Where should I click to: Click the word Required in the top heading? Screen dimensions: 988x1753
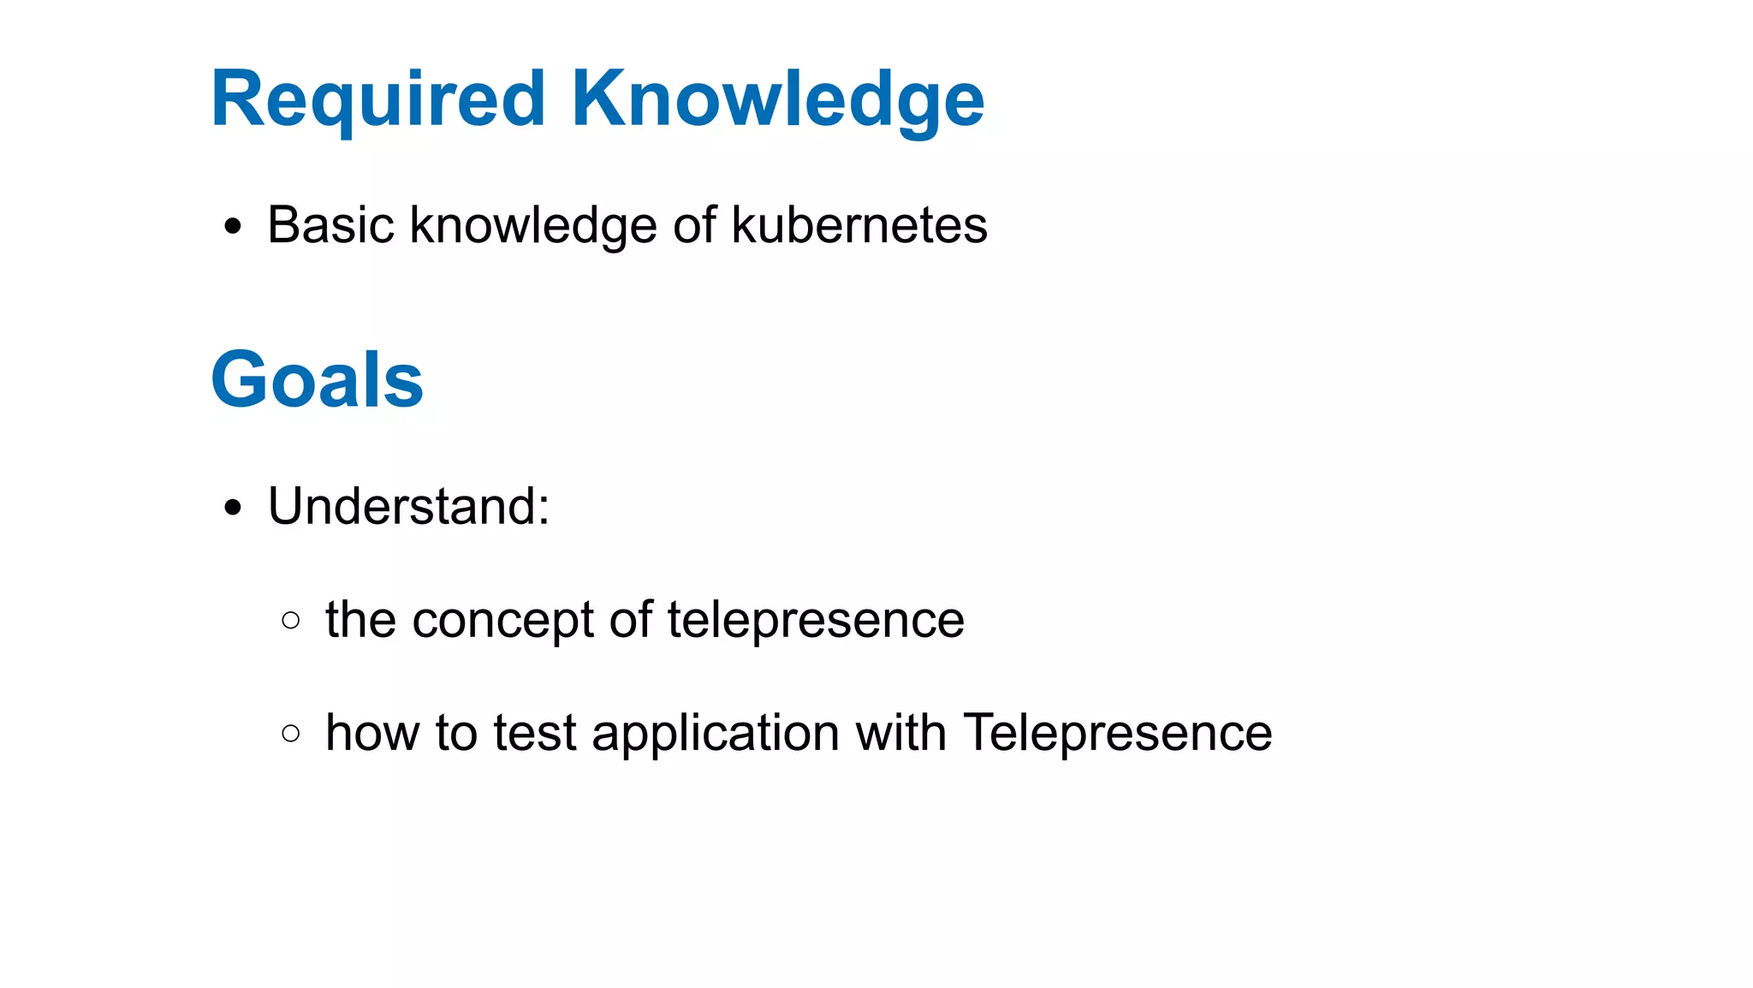coord(377,100)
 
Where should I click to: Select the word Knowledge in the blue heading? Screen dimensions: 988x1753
coord(777,100)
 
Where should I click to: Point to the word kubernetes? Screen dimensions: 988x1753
coord(859,225)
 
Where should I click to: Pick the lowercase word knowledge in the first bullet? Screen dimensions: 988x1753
coord(534,227)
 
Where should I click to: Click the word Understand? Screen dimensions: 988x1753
coord(402,506)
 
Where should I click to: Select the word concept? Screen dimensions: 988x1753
coord(502,621)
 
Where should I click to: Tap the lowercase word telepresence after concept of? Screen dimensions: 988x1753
coord(816,621)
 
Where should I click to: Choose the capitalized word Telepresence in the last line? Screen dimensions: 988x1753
coord(1117,734)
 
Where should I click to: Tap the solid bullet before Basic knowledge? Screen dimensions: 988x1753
coord(233,228)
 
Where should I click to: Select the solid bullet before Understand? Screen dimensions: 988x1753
coord(233,509)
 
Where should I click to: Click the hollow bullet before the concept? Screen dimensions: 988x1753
coord(291,620)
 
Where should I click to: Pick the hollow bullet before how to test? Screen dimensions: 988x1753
coord(291,734)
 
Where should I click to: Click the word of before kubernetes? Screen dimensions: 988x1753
coord(694,225)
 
